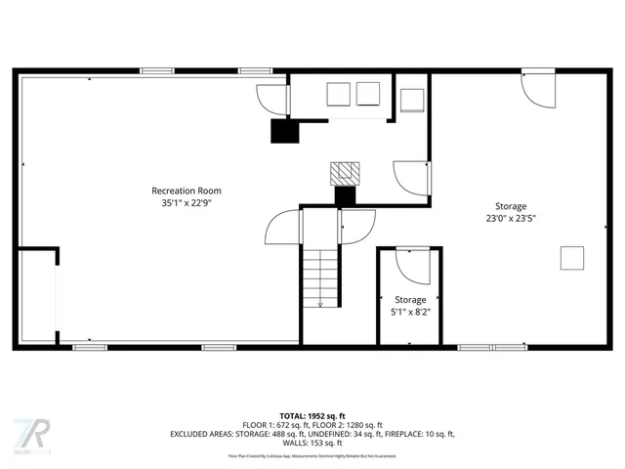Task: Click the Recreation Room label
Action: [186, 191]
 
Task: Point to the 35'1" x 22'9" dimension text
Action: [186, 204]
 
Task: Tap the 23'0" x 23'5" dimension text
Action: [511, 219]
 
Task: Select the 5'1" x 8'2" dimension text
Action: [410, 313]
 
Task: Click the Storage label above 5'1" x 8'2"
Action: [410, 300]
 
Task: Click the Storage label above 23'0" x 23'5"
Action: [511, 206]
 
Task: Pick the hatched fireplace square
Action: [344, 173]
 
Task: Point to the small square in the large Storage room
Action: [572, 258]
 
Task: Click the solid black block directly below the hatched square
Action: [345, 196]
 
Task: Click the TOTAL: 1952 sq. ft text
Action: [312, 415]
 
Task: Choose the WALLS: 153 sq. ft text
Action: [312, 442]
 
